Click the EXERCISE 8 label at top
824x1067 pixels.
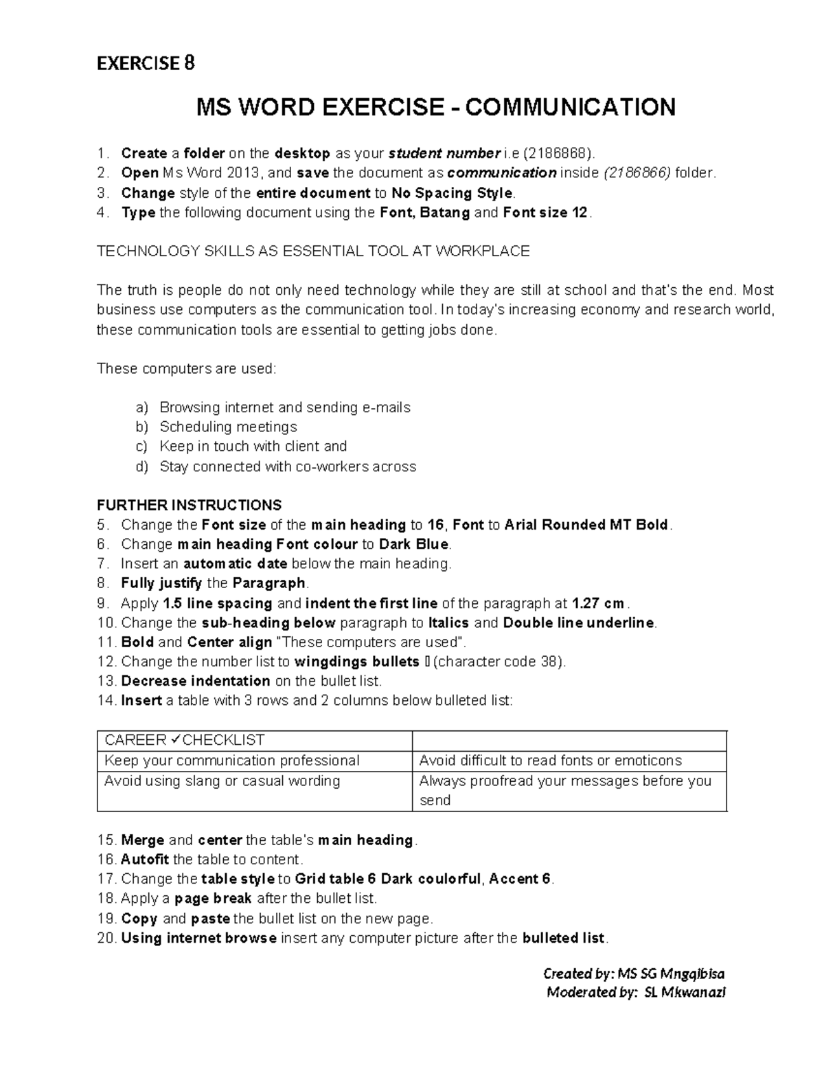coord(146,63)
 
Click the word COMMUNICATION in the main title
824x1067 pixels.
coord(574,107)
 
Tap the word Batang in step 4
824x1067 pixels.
coord(444,212)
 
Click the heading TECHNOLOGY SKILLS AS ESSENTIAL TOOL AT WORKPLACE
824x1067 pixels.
coord(313,251)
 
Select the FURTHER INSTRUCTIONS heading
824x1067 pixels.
coord(189,505)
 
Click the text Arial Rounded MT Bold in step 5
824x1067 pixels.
coord(586,525)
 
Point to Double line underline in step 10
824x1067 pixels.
coord(579,623)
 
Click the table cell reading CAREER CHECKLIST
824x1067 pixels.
coord(184,741)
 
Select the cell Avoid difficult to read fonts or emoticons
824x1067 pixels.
coord(550,761)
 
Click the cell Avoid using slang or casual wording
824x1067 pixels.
coord(222,781)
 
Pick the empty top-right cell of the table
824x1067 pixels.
coord(569,741)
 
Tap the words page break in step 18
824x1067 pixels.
coord(213,899)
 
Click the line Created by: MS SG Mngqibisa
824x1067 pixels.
coord(633,974)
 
